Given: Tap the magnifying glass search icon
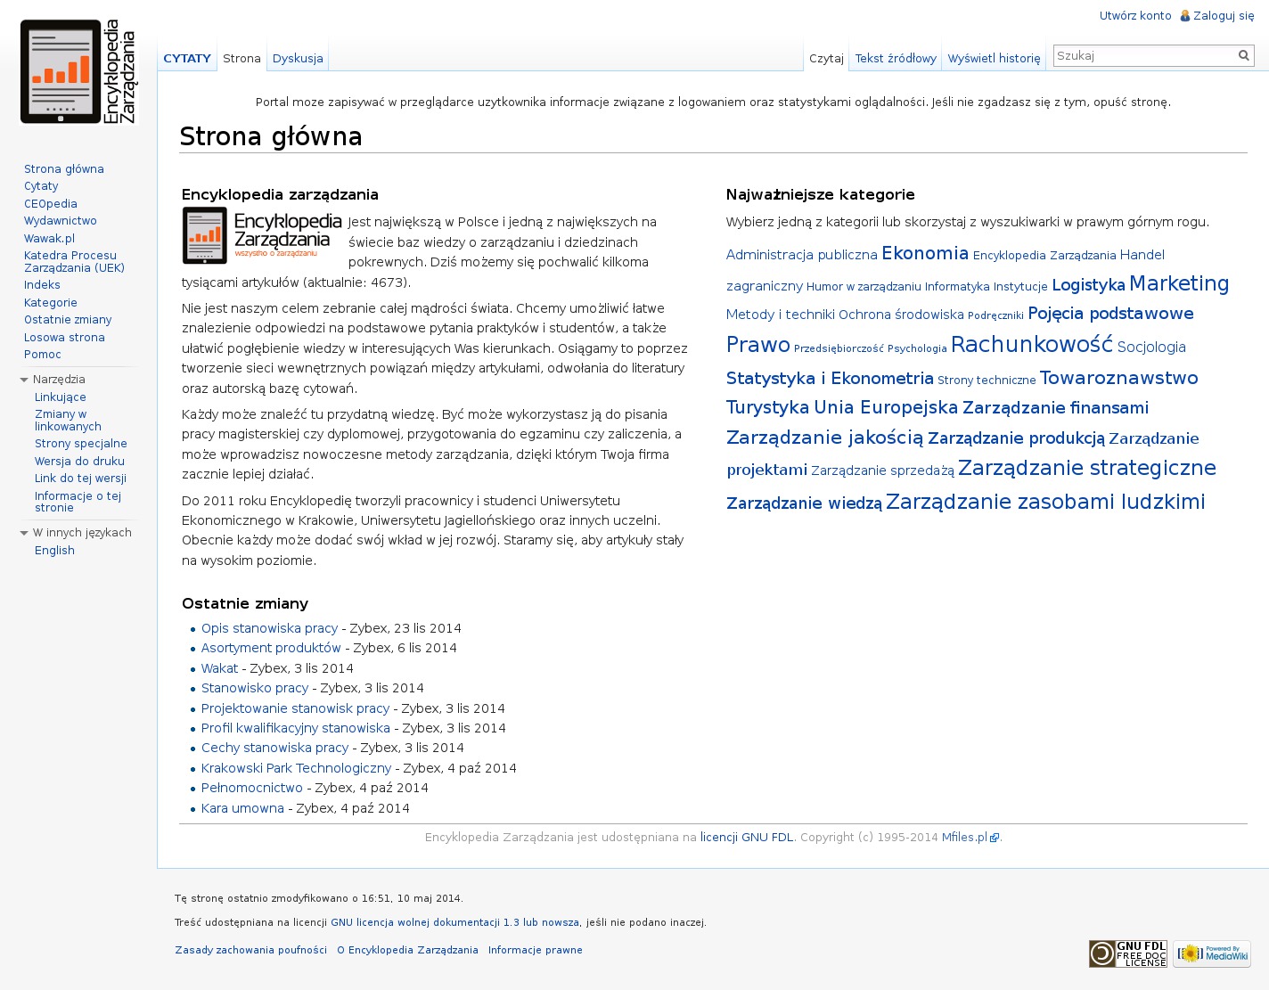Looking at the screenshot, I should tap(1244, 55).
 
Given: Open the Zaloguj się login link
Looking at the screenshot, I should tap(1224, 15).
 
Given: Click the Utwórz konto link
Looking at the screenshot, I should tap(1134, 15).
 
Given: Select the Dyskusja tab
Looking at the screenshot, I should tap(298, 58).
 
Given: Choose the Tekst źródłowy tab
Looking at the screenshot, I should tap(896, 58).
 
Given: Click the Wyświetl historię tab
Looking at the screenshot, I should tap(994, 58).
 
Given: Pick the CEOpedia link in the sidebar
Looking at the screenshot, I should tap(51, 203).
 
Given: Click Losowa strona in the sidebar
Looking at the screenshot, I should tap(64, 337).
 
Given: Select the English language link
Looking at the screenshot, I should tap(54, 550).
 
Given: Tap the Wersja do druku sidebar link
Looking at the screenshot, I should tap(79, 461).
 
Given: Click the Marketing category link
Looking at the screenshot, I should tap(1178, 283).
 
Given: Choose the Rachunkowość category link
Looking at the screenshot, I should tap(1031, 345).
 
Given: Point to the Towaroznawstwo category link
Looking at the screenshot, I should tap(1118, 378).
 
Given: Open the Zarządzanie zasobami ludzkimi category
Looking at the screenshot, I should tap(1045, 502).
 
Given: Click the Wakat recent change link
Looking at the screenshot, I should tap(219, 668).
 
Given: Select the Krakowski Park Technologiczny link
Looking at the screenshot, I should tap(296, 768).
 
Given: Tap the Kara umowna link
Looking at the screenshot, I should tap(242, 808).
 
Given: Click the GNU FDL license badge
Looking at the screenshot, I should tap(1127, 953).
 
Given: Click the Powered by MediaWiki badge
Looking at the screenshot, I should tap(1211, 953).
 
